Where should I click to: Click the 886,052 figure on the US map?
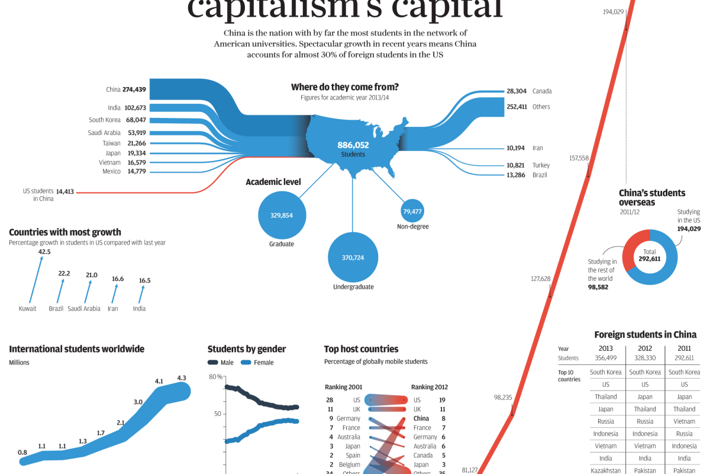click(353, 145)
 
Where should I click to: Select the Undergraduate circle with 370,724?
click(353, 257)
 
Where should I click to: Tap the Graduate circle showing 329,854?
click(282, 215)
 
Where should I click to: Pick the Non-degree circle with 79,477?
click(412, 212)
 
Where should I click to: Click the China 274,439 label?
click(126, 89)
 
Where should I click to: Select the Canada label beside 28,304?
click(541, 91)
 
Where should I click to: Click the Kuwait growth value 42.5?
click(44, 252)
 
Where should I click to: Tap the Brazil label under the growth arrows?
click(56, 309)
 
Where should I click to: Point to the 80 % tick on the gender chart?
click(215, 377)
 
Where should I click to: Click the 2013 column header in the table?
click(606, 348)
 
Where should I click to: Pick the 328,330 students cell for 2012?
click(645, 358)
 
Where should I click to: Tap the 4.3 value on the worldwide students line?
click(181, 378)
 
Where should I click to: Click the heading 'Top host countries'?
click(361, 349)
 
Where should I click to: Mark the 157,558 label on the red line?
click(579, 158)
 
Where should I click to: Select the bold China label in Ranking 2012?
click(421, 418)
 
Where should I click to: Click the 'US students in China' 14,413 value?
click(65, 191)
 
